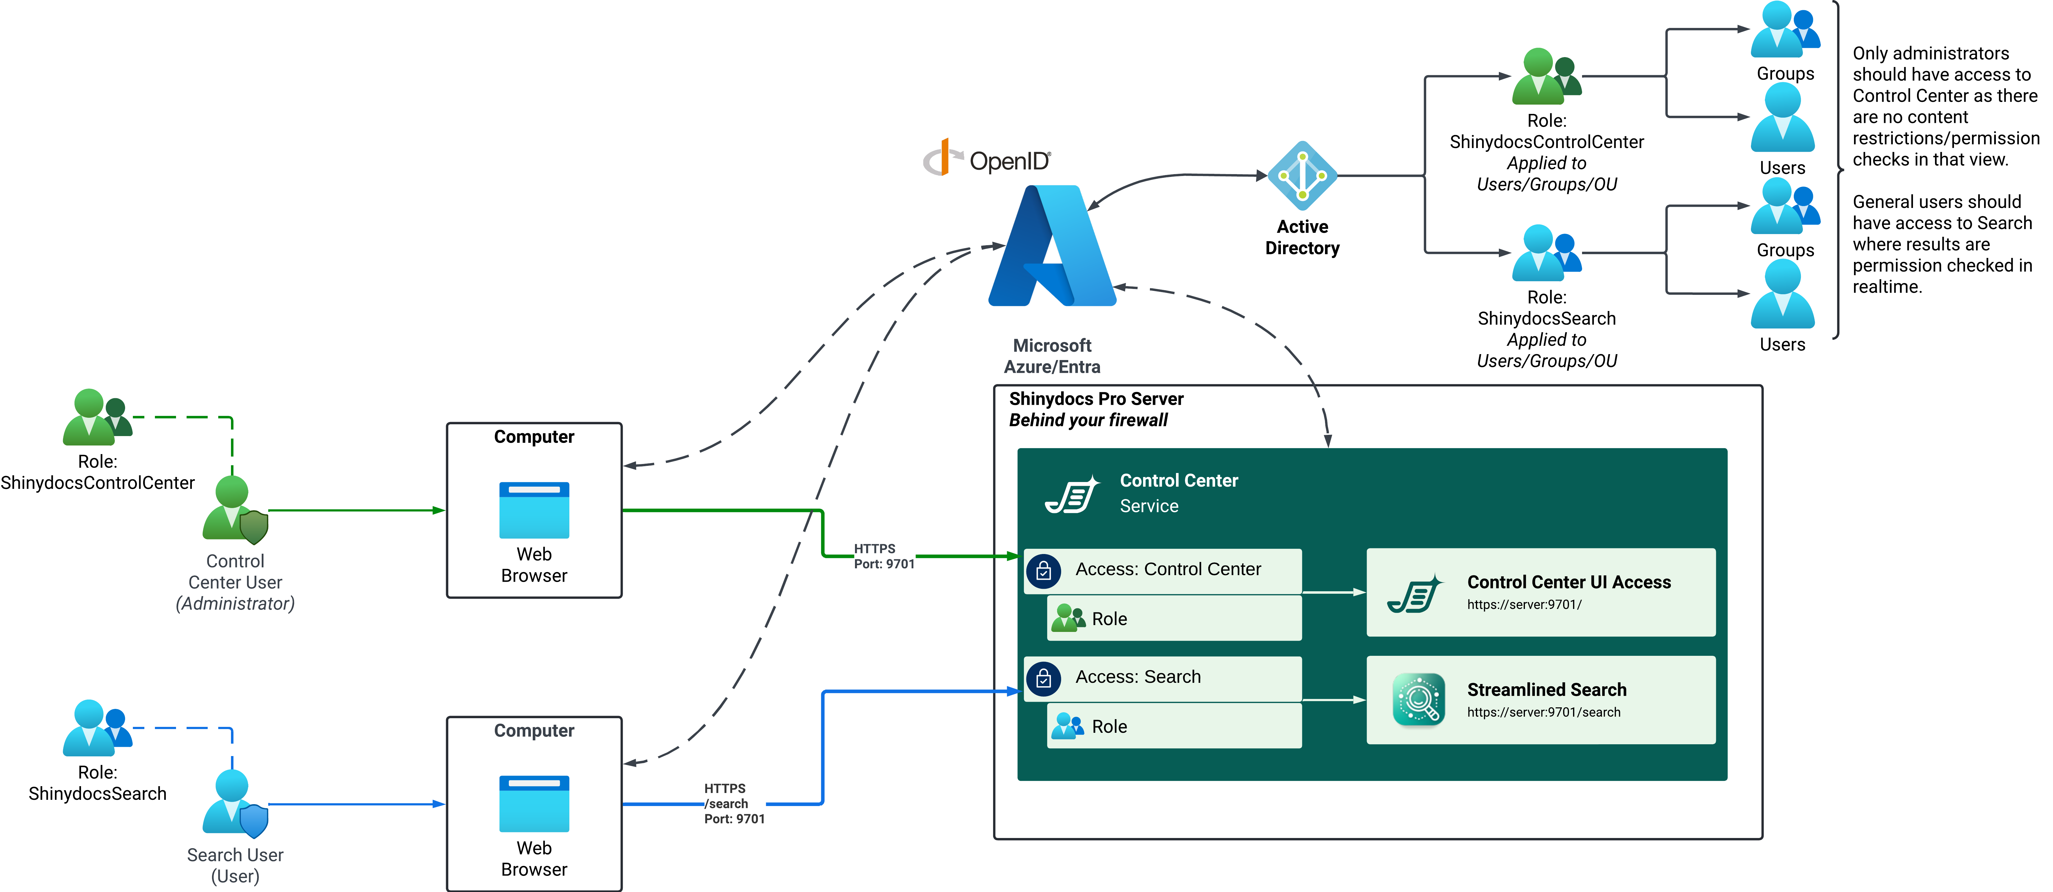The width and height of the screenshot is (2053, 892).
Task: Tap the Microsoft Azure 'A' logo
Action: [1052, 247]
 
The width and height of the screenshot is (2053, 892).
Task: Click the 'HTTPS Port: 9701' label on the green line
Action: [884, 556]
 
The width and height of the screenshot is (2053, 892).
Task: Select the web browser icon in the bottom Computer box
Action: [534, 804]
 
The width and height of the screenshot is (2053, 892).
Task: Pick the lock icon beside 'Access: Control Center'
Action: [1043, 571]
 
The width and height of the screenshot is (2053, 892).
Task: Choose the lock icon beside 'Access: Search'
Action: [1043, 678]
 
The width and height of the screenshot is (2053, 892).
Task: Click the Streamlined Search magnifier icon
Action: [1419, 699]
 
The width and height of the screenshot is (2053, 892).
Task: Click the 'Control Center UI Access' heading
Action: [1568, 582]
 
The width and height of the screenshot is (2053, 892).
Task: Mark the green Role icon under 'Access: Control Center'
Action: [1068, 618]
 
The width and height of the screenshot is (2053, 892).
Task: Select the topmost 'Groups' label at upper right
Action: [1785, 73]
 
